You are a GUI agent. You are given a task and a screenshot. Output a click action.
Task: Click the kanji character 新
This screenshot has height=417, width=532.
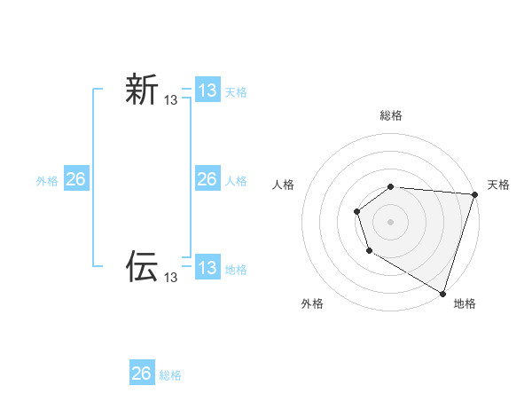click(x=142, y=90)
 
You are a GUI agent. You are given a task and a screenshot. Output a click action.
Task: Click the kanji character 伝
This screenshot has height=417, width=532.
click(x=142, y=266)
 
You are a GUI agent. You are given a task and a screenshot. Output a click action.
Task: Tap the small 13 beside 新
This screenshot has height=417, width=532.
click(x=171, y=101)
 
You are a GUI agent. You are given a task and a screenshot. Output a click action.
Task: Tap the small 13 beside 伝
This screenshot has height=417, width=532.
click(x=171, y=278)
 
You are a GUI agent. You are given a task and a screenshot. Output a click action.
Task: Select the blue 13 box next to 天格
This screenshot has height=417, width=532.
click(x=207, y=90)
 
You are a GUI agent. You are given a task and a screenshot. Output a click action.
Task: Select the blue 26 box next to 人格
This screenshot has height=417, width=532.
click(x=207, y=179)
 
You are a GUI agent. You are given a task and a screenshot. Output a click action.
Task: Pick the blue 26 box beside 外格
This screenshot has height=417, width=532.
click(x=75, y=179)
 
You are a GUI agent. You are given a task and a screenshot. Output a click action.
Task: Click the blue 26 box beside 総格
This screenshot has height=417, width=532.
click(x=142, y=374)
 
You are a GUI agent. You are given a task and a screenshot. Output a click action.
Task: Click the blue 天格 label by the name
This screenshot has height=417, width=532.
click(x=236, y=91)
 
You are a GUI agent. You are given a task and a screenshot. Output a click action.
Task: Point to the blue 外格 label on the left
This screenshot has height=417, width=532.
click(x=47, y=180)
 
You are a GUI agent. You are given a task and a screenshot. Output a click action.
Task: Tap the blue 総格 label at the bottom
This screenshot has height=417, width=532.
click(x=170, y=374)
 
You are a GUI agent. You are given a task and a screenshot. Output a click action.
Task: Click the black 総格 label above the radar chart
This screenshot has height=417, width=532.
click(x=391, y=115)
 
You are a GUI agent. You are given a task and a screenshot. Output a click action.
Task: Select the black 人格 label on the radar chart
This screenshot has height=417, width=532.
click(x=284, y=185)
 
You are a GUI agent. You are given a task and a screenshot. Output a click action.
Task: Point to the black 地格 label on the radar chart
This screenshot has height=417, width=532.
click(x=465, y=303)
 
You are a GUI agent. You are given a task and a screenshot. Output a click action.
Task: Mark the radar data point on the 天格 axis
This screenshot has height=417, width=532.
click(x=474, y=194)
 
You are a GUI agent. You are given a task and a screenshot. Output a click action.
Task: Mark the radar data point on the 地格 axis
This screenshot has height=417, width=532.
click(x=442, y=292)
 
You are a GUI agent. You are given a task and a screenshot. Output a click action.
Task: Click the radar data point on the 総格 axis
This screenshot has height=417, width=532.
click(x=391, y=186)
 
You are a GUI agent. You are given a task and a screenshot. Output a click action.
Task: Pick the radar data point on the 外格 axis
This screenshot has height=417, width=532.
click(x=369, y=252)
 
